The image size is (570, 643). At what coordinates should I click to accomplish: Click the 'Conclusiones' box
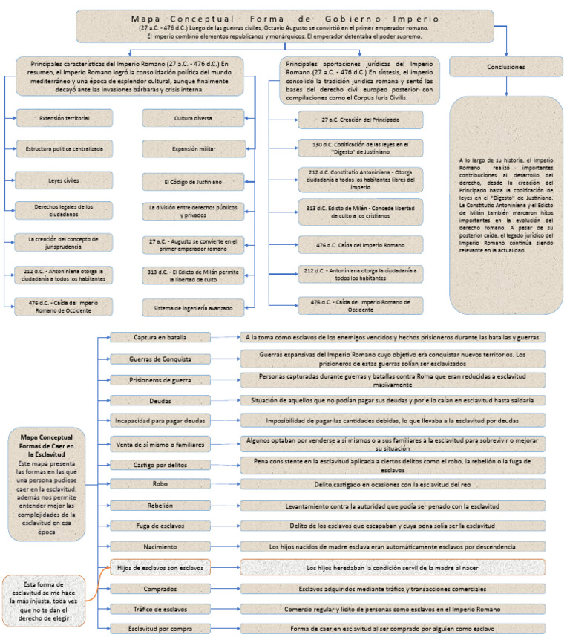(x=508, y=67)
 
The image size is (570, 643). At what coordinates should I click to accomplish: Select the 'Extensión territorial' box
(x=65, y=117)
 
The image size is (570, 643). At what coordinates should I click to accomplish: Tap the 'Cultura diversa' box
(x=193, y=117)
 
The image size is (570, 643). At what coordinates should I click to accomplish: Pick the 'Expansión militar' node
(x=193, y=148)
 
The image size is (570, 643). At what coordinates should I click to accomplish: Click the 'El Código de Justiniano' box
(x=193, y=180)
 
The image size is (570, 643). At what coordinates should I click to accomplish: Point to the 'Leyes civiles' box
(x=65, y=180)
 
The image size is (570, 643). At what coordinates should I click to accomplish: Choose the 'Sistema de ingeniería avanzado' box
(x=193, y=306)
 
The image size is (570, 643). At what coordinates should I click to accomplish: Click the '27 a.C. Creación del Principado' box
(x=361, y=120)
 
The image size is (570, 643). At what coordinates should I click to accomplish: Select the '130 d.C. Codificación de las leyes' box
(x=361, y=147)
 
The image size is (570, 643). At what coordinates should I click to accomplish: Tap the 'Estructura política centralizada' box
(x=65, y=148)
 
